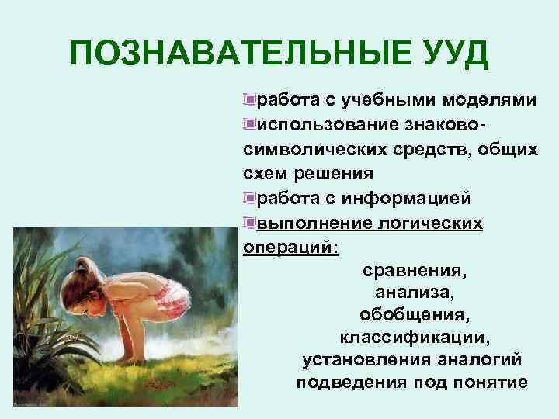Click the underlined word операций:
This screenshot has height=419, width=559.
click(x=291, y=248)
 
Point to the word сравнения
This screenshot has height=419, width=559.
click(x=415, y=272)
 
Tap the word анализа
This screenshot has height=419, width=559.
click(x=410, y=294)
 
